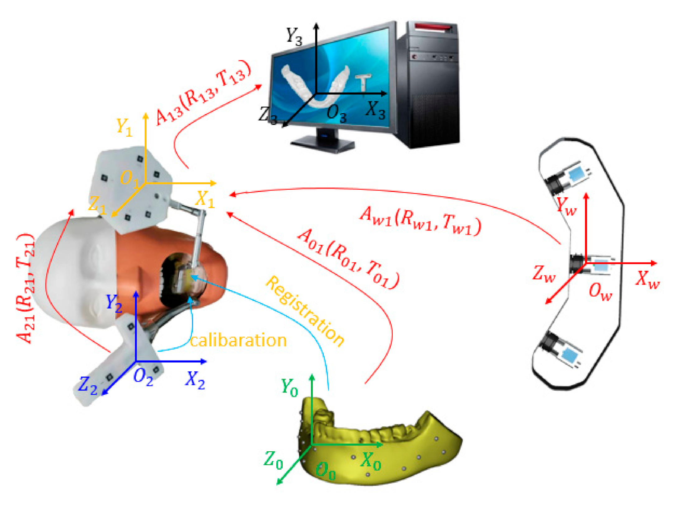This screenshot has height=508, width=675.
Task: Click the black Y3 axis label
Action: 294,36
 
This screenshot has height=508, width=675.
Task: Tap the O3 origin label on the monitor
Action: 336,114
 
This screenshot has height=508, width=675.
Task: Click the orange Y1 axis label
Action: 124,127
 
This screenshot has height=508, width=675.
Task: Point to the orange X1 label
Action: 205,199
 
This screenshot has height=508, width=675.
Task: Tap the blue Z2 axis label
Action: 87,385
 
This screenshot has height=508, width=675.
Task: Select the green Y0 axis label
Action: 289,388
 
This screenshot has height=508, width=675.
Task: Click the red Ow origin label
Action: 600,292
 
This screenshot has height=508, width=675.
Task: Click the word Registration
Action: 305,311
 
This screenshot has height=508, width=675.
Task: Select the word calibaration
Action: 238,340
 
